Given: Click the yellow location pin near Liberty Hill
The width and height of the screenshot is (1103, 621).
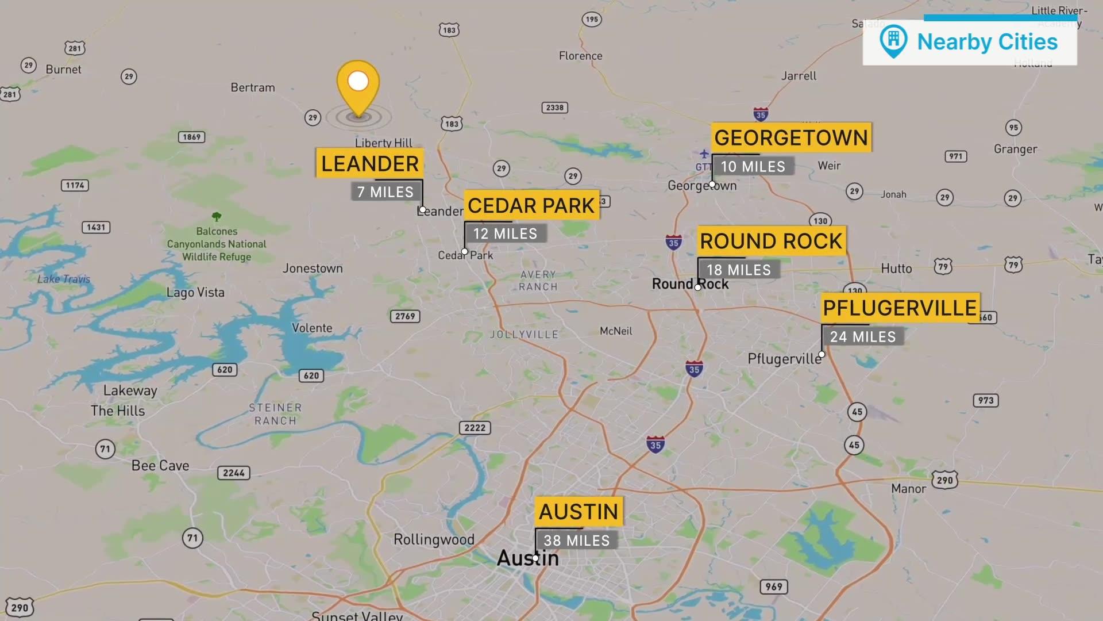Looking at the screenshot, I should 358,86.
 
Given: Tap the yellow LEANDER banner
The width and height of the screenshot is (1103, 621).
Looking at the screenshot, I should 369,164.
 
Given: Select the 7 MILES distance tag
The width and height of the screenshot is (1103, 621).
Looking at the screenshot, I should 385,192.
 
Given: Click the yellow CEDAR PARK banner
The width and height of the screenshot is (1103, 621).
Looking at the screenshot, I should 531,205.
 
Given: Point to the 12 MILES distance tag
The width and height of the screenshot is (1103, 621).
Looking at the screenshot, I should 505,233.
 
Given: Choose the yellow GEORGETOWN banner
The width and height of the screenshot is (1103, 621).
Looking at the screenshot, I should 791,138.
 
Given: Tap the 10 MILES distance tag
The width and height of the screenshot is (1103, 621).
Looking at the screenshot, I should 753,167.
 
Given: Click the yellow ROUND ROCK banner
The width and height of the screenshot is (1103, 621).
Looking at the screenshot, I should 771,241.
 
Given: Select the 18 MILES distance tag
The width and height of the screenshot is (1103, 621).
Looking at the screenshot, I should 738,270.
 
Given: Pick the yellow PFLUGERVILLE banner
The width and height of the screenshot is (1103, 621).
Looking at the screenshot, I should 900,308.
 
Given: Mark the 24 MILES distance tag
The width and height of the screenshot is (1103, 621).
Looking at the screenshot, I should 862,337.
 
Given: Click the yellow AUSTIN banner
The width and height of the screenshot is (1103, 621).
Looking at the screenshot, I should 579,512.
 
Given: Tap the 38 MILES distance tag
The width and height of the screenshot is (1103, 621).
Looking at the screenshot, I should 576,540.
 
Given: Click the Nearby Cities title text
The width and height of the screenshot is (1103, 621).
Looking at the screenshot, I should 987,42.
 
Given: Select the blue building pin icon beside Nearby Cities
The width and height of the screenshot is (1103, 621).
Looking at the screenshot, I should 893,40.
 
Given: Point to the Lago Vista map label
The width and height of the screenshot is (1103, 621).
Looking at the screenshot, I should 195,292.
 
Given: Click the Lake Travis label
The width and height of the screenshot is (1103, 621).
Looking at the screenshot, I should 64,279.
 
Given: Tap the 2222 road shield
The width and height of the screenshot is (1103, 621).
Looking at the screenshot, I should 475,428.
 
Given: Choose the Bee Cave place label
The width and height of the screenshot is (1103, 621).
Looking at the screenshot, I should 160,466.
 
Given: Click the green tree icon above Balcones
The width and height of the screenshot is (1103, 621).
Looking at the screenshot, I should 217,217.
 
